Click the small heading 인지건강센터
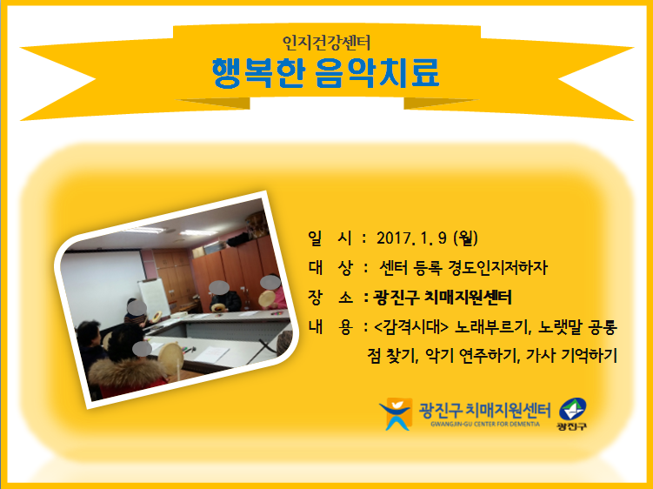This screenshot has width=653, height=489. coord(326,43)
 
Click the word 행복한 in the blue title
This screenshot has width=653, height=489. coord(258,73)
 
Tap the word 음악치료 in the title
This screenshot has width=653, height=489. coord(377,73)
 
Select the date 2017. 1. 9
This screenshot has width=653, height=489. coord(411,238)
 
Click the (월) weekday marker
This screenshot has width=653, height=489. coord(465,238)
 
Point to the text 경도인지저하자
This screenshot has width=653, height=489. coord(497,268)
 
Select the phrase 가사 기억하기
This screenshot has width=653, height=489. coord(571,355)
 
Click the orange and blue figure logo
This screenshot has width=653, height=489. coord(396,413)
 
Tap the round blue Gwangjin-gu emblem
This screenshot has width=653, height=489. coord(573,409)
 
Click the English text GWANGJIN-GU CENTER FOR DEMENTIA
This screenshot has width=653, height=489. coord(485,425)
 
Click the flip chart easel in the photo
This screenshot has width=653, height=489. coord(155,298)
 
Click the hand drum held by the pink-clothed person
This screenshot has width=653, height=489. coord(267,298)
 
